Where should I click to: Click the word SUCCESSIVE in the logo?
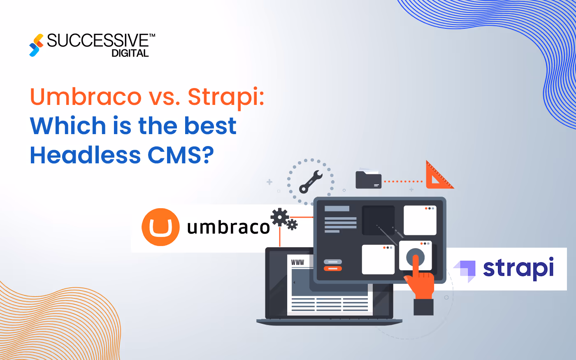pyautogui.click(x=98, y=41)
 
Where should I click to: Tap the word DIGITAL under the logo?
pyautogui.click(x=130, y=53)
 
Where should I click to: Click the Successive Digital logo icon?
pyautogui.click(x=36, y=45)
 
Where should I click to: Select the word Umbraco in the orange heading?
pyautogui.click(x=86, y=97)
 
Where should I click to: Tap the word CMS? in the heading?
pyautogui.click(x=181, y=155)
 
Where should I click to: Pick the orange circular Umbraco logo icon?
pyautogui.click(x=160, y=227)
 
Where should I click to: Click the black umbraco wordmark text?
pyautogui.click(x=228, y=227)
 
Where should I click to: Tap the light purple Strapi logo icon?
pyautogui.click(x=465, y=270)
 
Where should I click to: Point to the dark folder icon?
pyautogui.click(x=368, y=180)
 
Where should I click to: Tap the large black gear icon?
pyautogui.click(x=280, y=217)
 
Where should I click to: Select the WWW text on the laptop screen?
pyautogui.click(x=297, y=262)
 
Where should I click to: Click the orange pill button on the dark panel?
pyautogui.click(x=333, y=269)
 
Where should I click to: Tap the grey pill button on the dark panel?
pyautogui.click(x=333, y=262)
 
